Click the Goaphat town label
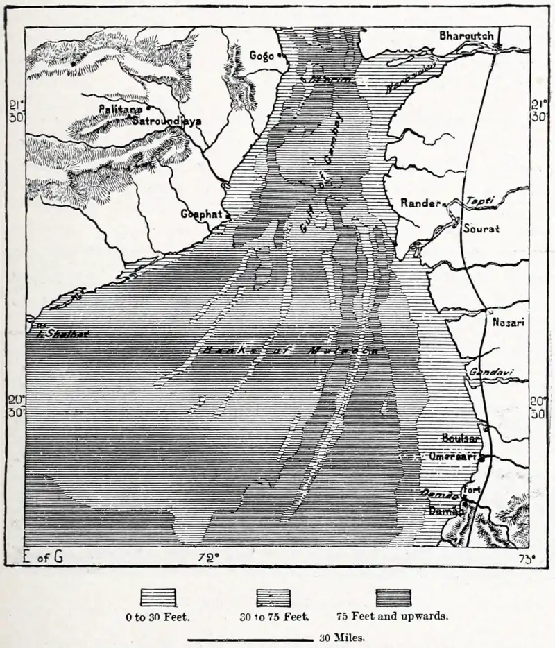coord(200,214)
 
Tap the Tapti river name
coord(480,200)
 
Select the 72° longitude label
coord(207,556)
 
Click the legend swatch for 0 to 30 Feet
coord(158,598)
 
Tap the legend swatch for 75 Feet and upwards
coord(393,598)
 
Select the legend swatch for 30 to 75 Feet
coord(275,598)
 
